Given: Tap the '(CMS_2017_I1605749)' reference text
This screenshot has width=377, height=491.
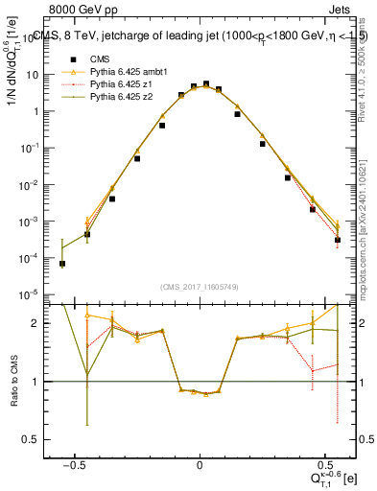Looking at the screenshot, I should coord(200,287).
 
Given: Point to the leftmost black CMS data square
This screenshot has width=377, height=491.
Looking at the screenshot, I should coord(61,264).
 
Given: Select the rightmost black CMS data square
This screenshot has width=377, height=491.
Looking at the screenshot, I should coord(338,240).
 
